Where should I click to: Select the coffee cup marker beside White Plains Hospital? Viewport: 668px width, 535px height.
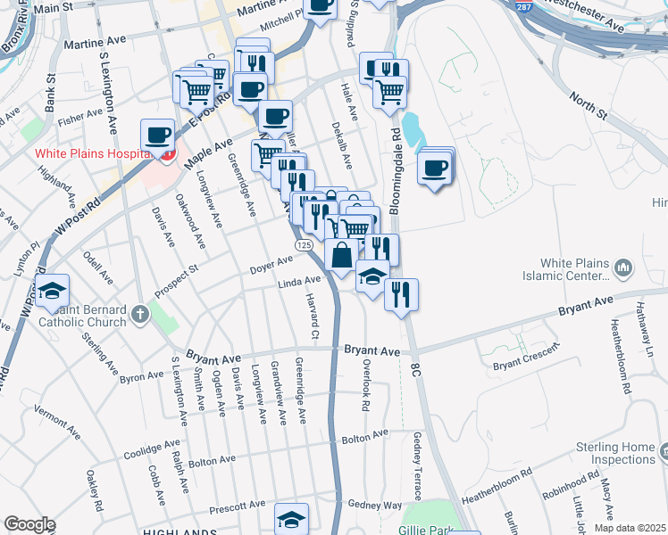point(158,135)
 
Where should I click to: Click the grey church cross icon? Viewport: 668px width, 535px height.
point(138,314)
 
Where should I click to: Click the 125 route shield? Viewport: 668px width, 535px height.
point(304,244)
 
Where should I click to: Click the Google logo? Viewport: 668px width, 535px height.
point(29,524)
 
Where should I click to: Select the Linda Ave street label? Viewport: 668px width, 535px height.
point(298,281)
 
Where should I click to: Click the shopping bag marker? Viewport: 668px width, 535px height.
point(341,255)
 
